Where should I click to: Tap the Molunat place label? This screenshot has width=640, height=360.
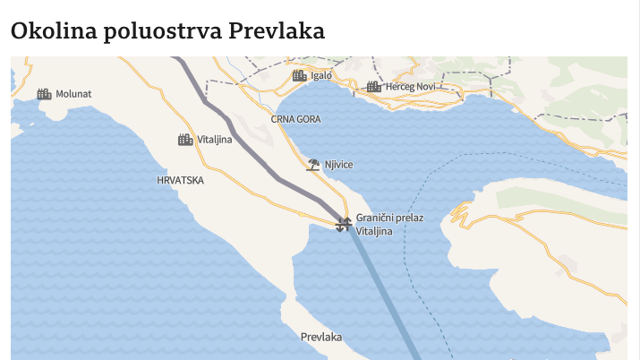pos(73,93)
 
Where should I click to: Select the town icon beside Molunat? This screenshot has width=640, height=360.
pos(44,93)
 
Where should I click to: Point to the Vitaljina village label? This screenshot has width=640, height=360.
pos(215,140)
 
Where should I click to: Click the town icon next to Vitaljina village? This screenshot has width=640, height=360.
pos(185,140)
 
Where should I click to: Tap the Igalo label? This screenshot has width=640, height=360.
pos(321,75)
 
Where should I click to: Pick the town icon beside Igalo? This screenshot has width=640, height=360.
pos(300,75)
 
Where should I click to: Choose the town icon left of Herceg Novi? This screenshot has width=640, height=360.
pos(373,87)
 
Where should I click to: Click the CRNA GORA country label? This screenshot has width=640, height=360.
pos(294,118)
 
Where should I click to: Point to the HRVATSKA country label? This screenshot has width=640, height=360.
pos(180,180)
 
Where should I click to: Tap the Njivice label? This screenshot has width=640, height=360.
pos(338,165)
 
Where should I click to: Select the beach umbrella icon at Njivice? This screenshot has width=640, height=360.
pos(313,164)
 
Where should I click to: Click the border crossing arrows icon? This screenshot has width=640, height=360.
pos(343,224)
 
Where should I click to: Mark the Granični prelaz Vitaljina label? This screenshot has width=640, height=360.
pos(389,224)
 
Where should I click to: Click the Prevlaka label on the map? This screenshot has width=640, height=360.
pos(321,338)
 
